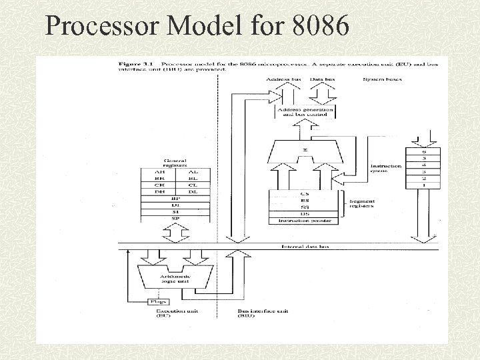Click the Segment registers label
pyautogui.click(x=362, y=203)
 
